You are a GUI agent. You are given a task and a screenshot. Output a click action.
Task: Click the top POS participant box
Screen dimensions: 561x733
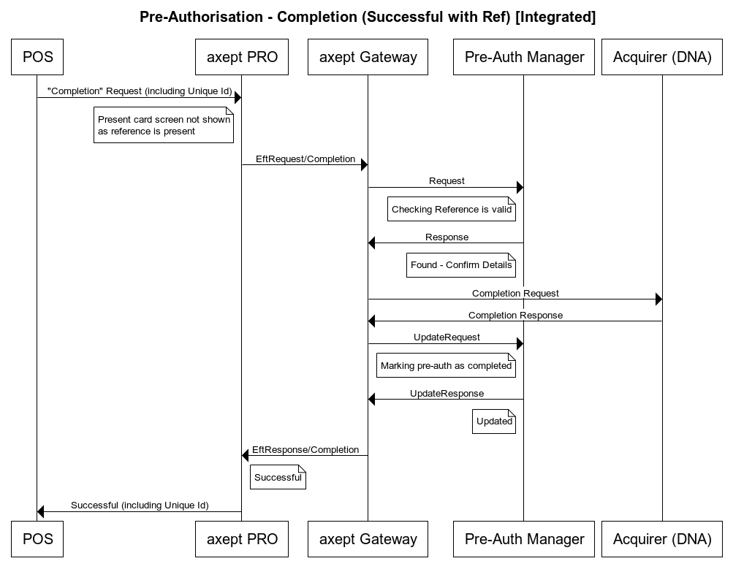(x=37, y=57)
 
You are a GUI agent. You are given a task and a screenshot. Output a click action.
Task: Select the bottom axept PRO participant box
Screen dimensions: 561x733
(x=242, y=539)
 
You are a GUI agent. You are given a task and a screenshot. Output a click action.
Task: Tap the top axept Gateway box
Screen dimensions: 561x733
(x=368, y=57)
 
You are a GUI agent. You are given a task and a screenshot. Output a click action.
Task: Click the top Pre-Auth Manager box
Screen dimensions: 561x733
(x=524, y=57)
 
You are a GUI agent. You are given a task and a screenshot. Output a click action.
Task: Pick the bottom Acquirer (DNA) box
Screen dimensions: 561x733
(x=662, y=539)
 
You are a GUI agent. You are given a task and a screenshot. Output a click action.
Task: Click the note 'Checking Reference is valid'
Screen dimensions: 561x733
(x=452, y=210)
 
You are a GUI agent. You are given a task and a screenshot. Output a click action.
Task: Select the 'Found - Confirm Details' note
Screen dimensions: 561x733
(x=461, y=265)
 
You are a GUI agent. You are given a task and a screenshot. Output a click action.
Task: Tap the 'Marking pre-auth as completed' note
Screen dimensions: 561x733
(x=446, y=366)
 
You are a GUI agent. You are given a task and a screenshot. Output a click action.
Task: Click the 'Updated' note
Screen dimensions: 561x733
(x=494, y=421)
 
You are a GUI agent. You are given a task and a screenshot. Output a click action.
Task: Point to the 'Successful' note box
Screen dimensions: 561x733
(x=278, y=478)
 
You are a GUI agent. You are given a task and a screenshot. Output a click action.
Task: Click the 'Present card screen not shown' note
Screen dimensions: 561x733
(x=164, y=126)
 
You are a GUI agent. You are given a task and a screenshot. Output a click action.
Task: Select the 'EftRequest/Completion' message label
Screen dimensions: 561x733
(x=305, y=159)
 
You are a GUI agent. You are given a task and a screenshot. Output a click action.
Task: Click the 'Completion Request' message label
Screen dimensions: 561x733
(x=515, y=293)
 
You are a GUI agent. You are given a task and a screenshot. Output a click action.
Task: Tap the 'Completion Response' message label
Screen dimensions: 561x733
(x=515, y=316)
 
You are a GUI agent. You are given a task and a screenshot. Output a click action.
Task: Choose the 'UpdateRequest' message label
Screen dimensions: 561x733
(x=447, y=337)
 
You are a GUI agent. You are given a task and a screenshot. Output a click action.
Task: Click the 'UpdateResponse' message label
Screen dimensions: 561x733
(x=447, y=393)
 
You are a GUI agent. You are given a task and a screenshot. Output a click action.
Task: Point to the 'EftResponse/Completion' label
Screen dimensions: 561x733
(x=305, y=449)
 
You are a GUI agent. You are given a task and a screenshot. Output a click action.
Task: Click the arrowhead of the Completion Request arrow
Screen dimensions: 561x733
(x=658, y=299)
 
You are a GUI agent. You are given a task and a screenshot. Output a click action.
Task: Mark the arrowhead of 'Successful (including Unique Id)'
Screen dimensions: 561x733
(x=41, y=512)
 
